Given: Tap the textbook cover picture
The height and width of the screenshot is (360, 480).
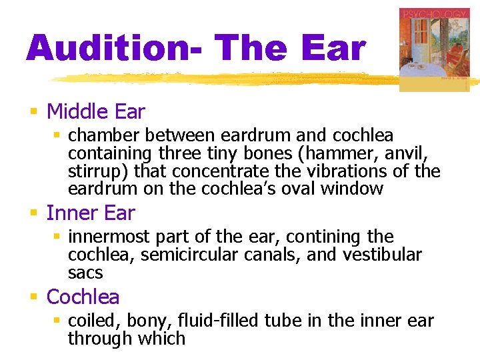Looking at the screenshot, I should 435,49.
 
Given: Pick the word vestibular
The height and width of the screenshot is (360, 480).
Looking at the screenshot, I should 383,255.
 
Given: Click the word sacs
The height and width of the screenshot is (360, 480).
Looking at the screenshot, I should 85,273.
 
